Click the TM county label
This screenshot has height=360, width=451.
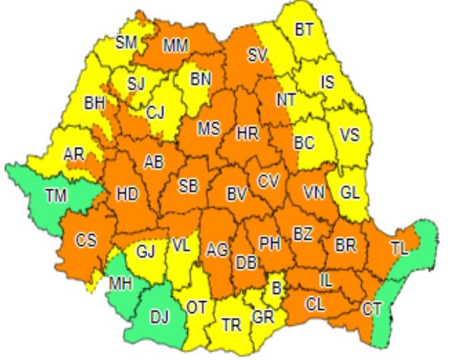57,196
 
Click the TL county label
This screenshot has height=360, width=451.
399,248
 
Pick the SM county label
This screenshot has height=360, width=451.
126,42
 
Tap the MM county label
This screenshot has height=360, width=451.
175,46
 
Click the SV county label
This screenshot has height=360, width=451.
257,56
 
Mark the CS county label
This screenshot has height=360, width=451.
86,241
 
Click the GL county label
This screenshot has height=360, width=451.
349,193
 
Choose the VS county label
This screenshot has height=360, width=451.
349,134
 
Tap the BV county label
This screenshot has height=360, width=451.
237,195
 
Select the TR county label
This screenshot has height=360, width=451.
231,325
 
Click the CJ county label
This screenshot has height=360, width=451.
155,112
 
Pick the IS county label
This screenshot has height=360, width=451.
327,82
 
